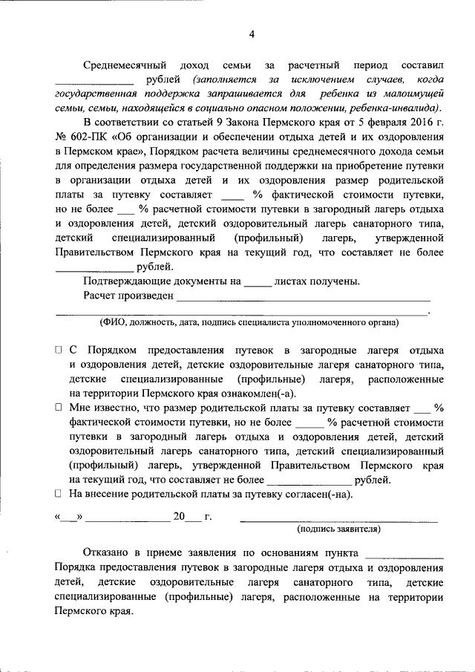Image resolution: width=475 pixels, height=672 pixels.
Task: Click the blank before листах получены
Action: click(x=258, y=283)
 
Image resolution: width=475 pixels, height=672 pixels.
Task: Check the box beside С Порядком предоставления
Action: click(x=59, y=350)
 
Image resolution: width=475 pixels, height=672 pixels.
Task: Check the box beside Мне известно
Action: click(x=59, y=408)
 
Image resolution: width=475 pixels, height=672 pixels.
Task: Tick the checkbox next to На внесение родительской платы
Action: click(x=59, y=494)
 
